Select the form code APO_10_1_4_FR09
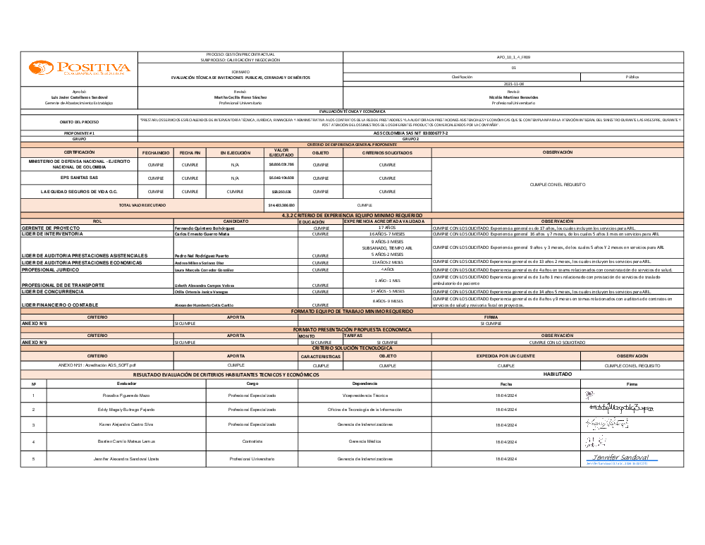(513, 56)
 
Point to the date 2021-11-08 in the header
(513, 84)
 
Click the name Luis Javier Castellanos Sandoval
(79, 97)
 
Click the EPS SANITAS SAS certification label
(79, 178)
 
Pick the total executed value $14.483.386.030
(281, 205)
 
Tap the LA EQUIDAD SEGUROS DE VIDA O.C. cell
(79, 191)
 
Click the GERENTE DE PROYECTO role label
(51, 228)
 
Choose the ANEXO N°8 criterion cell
(35, 323)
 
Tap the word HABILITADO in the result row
(557, 374)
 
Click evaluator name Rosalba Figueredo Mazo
(126, 396)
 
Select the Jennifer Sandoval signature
(617, 459)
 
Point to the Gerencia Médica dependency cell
(364, 441)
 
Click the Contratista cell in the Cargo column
(252, 441)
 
